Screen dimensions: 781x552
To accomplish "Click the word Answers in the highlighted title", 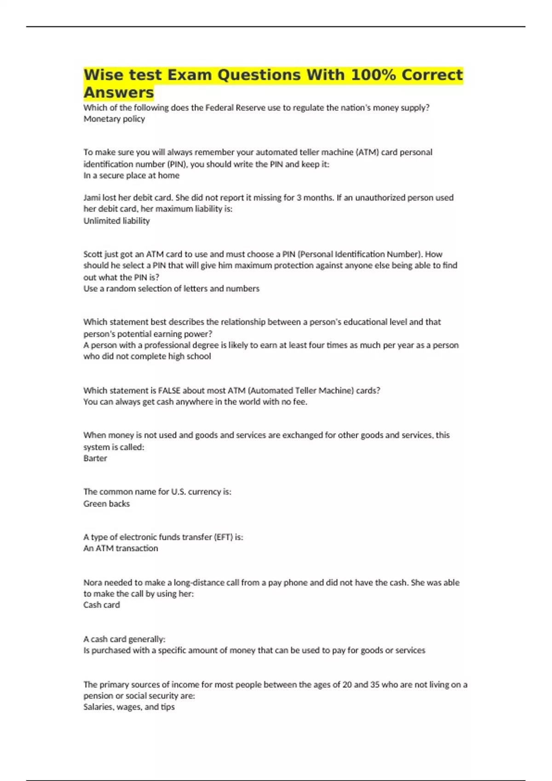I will (119, 92).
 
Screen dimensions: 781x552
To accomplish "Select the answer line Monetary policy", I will (114, 119).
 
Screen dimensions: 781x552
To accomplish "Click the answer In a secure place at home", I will (131, 175).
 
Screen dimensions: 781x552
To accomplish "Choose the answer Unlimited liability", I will (116, 221).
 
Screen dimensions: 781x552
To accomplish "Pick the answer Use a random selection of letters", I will (171, 289).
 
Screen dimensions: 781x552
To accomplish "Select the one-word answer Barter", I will (95, 458).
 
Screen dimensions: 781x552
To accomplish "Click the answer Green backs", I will (106, 504).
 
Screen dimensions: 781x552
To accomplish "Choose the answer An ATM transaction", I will (121, 548).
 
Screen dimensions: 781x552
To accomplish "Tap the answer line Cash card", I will (101, 605).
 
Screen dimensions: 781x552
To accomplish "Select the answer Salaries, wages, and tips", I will (129, 707).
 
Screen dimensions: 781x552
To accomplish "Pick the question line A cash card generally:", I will (124, 639).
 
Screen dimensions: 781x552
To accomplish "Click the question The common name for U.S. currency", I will (157, 492).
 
